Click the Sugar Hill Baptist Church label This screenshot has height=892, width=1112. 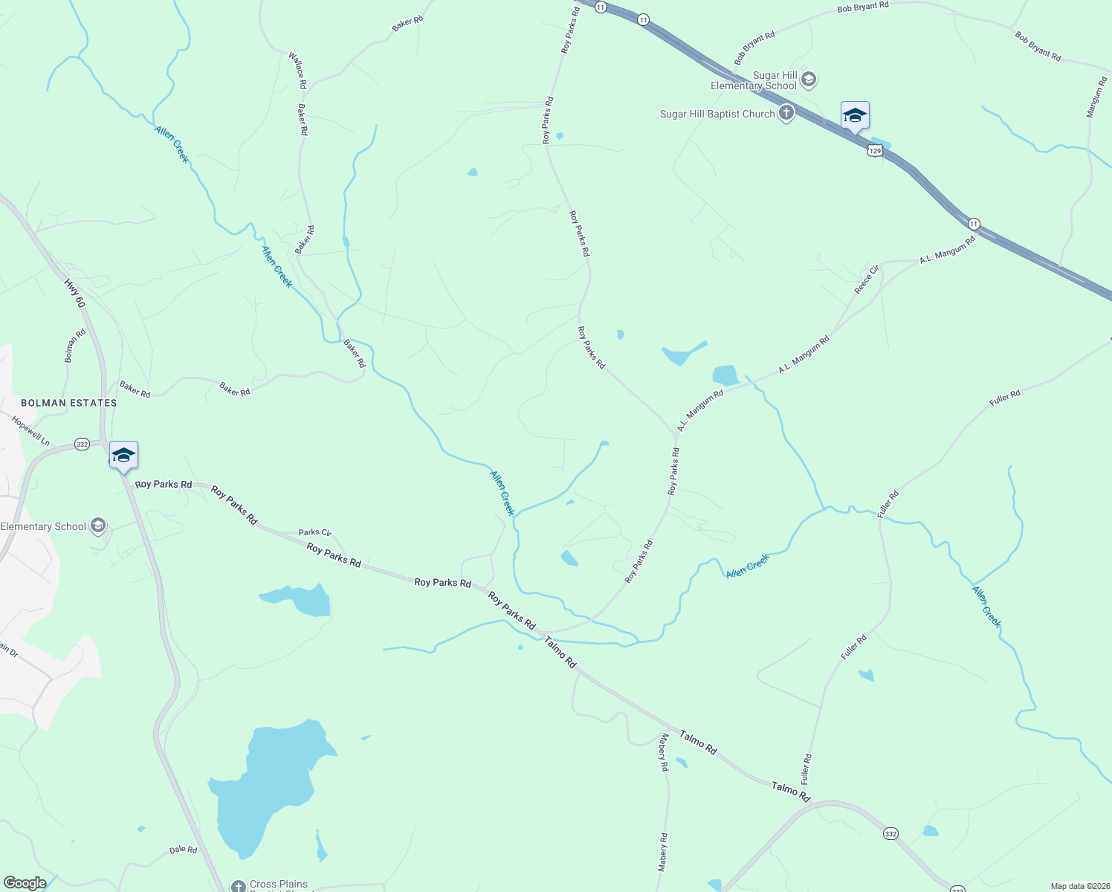point(717,114)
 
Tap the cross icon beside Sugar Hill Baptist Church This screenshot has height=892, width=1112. point(786,114)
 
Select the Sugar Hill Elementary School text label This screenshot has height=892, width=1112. point(754,80)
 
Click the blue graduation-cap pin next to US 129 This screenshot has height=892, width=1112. point(855,116)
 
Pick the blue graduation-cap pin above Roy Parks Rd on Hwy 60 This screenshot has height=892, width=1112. point(123,456)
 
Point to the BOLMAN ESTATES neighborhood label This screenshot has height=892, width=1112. point(69,403)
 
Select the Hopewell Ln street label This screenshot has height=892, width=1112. point(30,431)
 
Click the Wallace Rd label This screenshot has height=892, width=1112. point(298,71)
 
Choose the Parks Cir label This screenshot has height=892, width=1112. point(314,532)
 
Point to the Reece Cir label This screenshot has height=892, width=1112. point(866,279)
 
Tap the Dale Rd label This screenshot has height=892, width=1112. point(183,850)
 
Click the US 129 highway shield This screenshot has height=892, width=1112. point(875,151)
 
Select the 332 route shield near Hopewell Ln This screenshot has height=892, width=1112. point(82,445)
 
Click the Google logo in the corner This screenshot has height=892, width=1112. point(25,883)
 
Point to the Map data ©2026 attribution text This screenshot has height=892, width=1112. point(1079,886)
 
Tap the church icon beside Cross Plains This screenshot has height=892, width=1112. point(238,886)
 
